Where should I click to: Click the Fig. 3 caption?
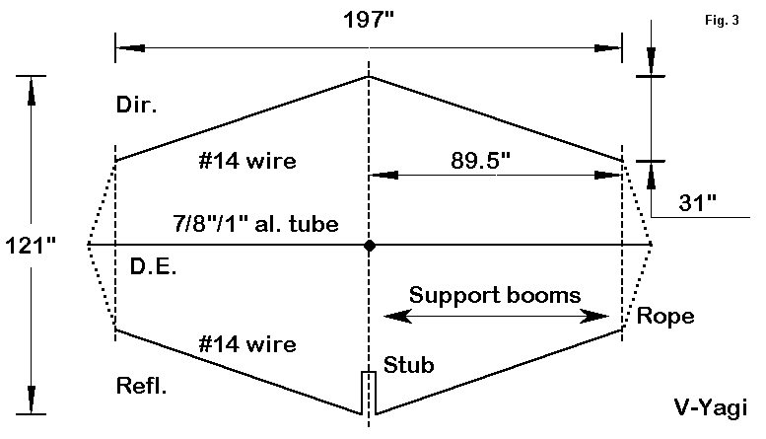(x=722, y=19)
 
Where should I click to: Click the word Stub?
(x=406, y=363)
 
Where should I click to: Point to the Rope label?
(x=664, y=317)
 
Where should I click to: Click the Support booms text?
(x=495, y=294)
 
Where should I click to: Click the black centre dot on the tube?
(x=369, y=245)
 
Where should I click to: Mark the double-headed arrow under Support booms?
(x=496, y=316)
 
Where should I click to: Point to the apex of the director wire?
(x=369, y=76)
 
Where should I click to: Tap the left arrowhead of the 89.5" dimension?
(x=378, y=177)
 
